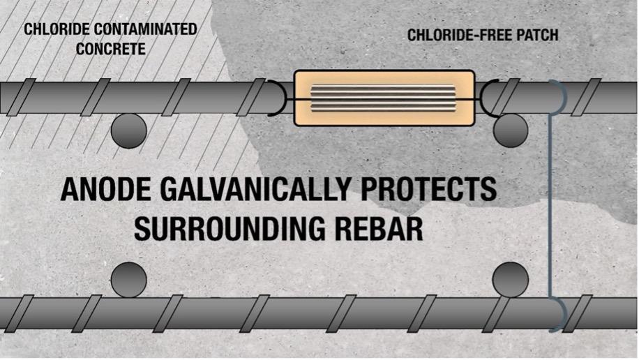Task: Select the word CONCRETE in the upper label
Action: coord(111,50)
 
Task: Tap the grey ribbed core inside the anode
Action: coord(384,98)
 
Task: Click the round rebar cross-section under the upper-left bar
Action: coord(129,130)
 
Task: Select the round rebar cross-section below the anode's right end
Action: coord(510,130)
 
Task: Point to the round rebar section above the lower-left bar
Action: coord(129,279)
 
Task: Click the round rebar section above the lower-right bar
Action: coord(510,279)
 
